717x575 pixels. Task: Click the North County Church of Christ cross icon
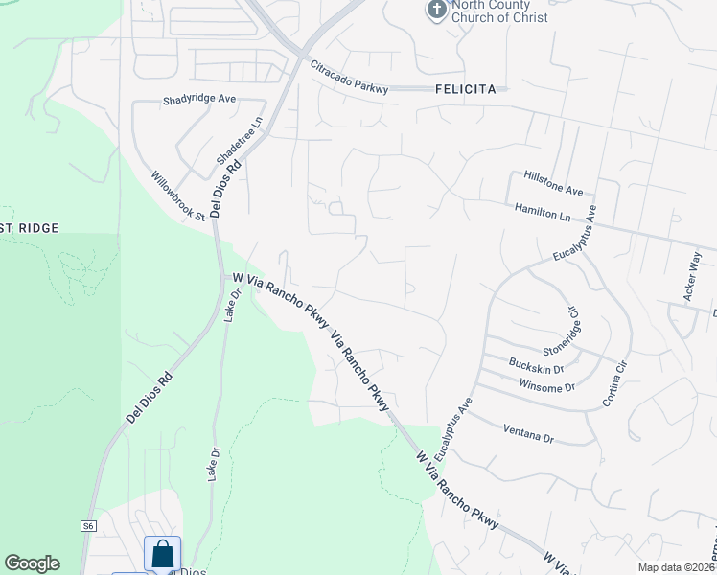436,10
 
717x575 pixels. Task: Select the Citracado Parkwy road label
349,78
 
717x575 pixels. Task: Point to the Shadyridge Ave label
199,99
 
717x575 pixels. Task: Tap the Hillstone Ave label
554,183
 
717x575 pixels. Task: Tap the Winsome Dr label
545,387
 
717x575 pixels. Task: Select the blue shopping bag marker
162,553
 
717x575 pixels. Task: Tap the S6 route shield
88,525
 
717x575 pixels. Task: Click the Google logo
32,563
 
